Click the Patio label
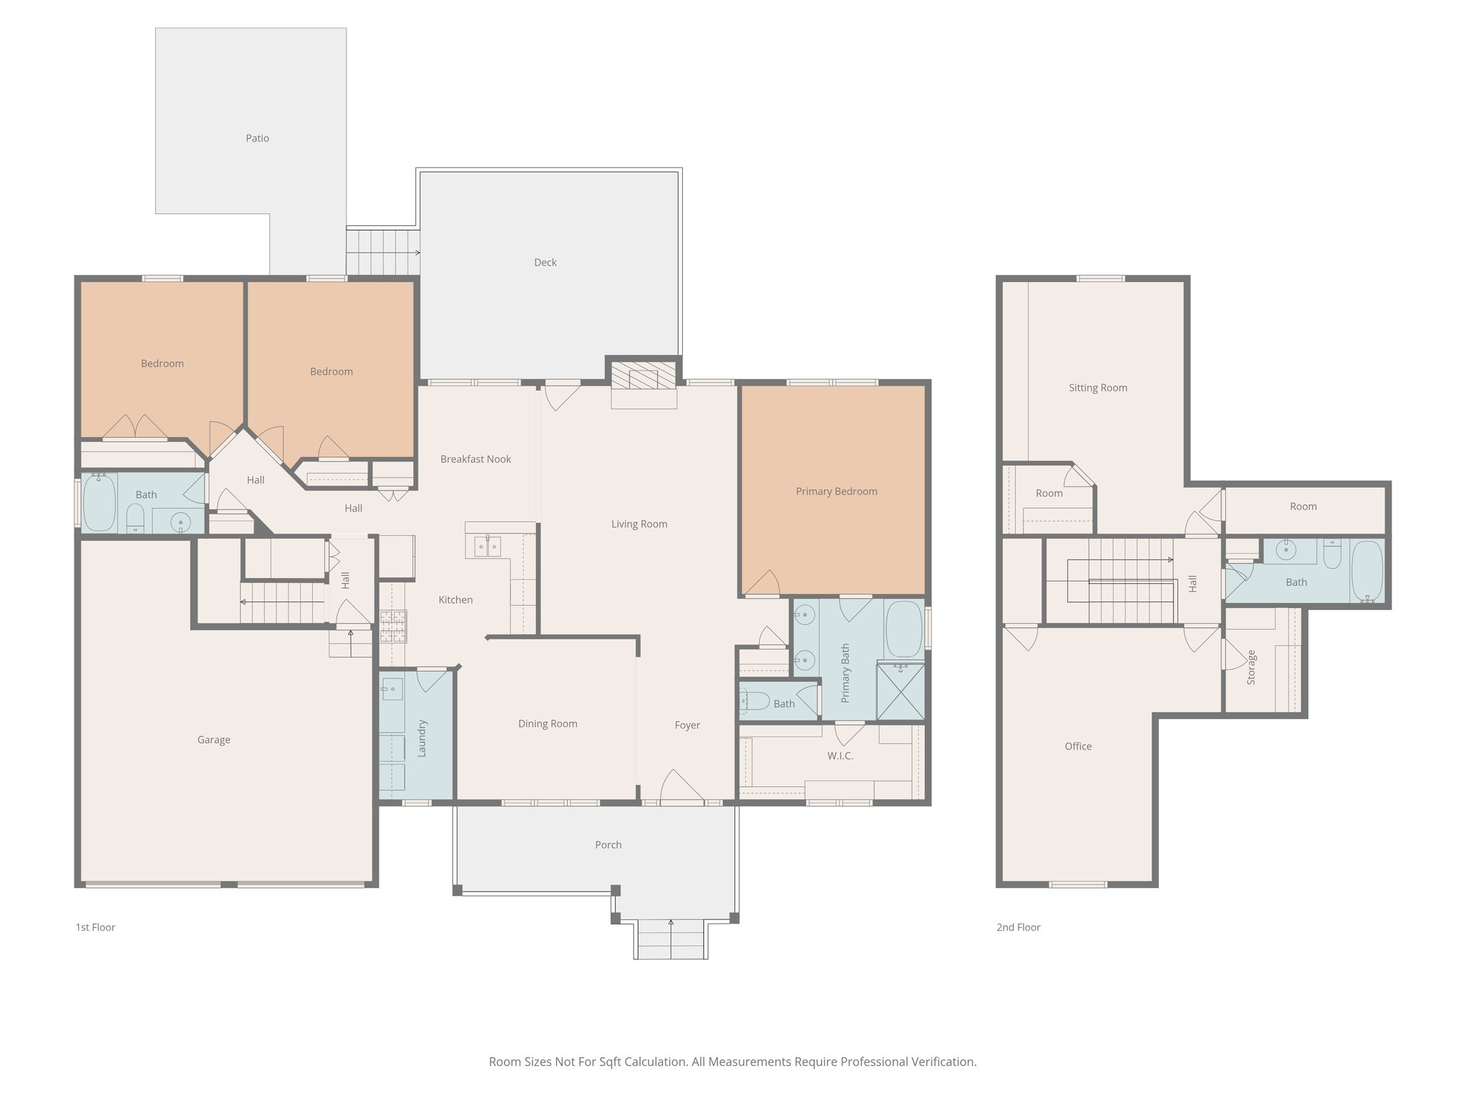coord(257,138)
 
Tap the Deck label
coord(545,263)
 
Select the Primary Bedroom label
coord(836,492)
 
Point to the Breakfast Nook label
coord(475,459)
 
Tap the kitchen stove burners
coord(392,626)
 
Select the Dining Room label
coord(548,724)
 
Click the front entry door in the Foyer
coord(681,787)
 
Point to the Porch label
coord(608,845)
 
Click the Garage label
coord(213,740)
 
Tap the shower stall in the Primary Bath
coord(901,692)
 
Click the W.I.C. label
coord(840,756)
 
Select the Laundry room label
coord(422,738)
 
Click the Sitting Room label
coord(1097,388)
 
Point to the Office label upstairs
coord(1078,746)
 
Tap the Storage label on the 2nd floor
coord(1251,667)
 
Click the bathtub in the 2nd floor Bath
coord(1367,572)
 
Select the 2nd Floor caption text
coord(1018,927)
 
